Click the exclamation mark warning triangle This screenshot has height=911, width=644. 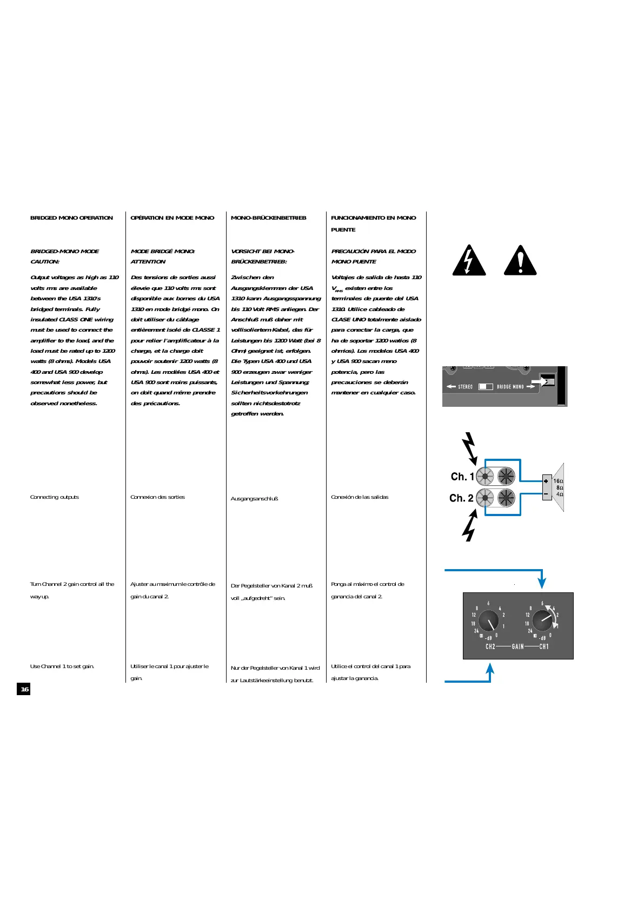pos(520,261)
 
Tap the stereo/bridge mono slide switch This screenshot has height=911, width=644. pos(486,387)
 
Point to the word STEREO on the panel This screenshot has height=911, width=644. pos(466,387)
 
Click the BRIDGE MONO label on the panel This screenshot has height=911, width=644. pos(510,387)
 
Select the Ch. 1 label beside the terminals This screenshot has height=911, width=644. pos(462,477)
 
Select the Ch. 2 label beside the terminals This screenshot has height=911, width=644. pos(461,498)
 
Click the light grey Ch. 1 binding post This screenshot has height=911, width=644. pos(485,477)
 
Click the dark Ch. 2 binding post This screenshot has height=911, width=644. pos(506,497)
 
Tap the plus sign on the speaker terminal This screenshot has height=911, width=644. pos(546,481)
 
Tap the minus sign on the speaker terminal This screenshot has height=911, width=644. pos(546,493)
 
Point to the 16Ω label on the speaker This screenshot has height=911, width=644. pos(558,481)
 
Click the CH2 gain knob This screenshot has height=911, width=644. pos(489,621)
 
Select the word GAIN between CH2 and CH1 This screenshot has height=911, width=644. pos(517,646)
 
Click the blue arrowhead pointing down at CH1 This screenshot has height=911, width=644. pos(542,583)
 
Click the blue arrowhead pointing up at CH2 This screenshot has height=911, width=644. pos(490,669)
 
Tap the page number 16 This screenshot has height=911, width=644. pos(24,689)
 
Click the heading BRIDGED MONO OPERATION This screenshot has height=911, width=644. pos(71,218)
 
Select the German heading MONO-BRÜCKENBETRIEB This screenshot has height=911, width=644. pos(268,218)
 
